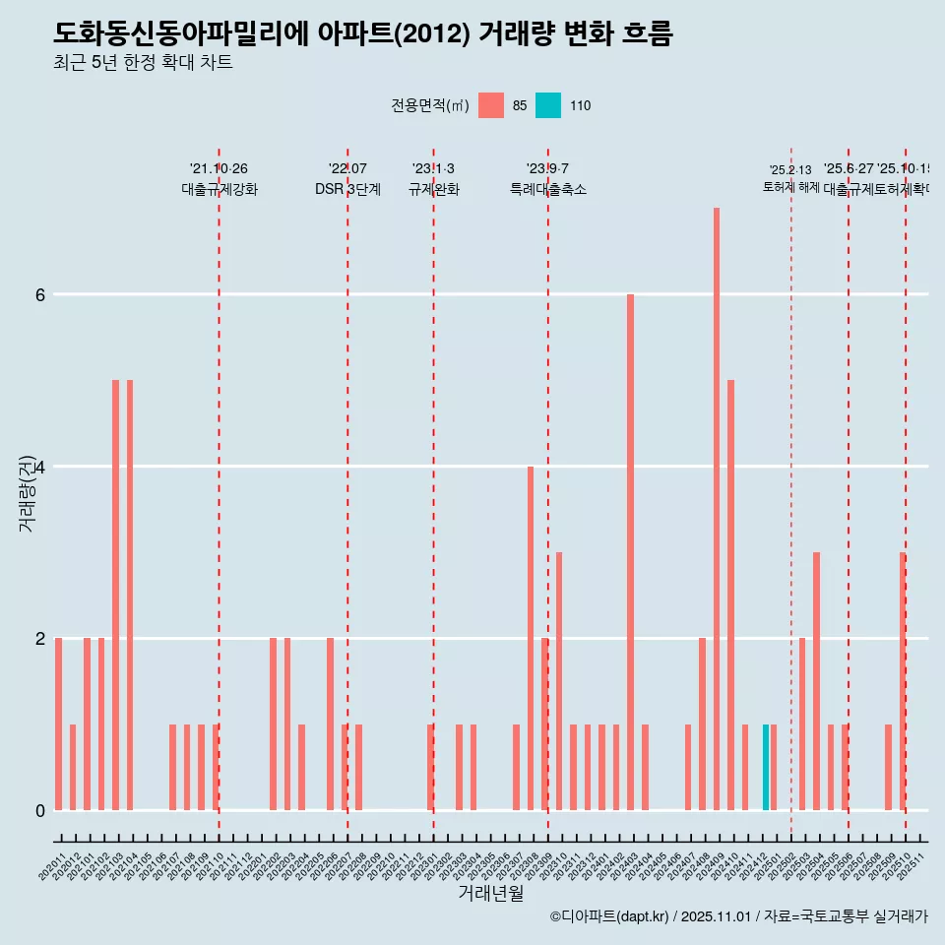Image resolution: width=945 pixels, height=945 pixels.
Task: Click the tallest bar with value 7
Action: pyautogui.click(x=717, y=509)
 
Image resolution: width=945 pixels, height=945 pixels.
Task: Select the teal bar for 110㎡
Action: pyautogui.click(x=766, y=768)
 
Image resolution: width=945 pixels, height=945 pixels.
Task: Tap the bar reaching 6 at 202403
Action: pyautogui.click(x=630, y=551)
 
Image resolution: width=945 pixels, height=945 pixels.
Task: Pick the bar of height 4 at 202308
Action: pyautogui.click(x=531, y=638)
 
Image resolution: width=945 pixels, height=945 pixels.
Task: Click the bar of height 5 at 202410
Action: pyautogui.click(x=730, y=595)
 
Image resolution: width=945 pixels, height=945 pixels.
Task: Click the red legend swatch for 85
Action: pyautogui.click(x=490, y=105)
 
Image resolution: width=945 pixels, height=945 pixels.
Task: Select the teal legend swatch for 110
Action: pyautogui.click(x=548, y=105)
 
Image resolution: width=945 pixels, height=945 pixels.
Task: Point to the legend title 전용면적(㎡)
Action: pyautogui.click(x=430, y=106)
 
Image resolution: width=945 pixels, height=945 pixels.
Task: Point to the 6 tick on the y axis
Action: pyautogui.click(x=40, y=294)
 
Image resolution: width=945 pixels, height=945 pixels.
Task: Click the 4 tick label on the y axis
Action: pyautogui.click(x=40, y=467)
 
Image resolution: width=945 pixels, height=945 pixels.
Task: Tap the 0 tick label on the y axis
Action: pyautogui.click(x=40, y=810)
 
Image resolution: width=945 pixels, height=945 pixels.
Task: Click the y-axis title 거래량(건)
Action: pyautogui.click(x=28, y=492)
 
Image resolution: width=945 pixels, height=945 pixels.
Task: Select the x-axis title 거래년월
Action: pyautogui.click(x=490, y=893)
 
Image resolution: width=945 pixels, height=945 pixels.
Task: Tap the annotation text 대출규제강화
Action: pyautogui.click(x=220, y=189)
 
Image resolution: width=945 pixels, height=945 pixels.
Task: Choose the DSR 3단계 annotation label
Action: pyautogui.click(x=347, y=189)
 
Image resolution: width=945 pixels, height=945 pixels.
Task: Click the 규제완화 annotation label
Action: pyautogui.click(x=433, y=189)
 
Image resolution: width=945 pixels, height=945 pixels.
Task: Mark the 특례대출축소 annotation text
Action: pyautogui.click(x=547, y=189)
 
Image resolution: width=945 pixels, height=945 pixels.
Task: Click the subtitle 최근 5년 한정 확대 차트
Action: pyautogui.click(x=143, y=63)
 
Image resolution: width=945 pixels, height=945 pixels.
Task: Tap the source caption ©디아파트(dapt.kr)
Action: pyautogui.click(x=610, y=916)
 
